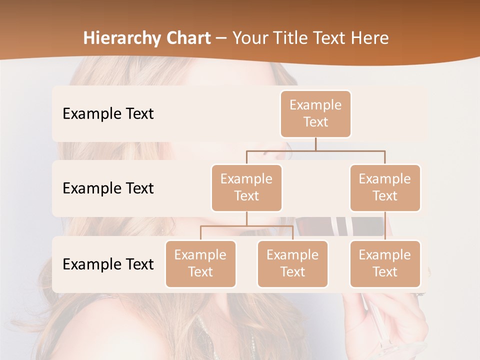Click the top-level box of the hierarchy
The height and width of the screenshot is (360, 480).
tap(315, 114)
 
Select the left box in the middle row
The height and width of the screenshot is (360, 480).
tap(246, 188)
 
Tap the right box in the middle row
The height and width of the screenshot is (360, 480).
tap(385, 188)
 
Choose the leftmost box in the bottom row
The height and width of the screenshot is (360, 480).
tap(200, 264)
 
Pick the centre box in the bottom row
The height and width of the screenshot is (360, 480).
tap(292, 264)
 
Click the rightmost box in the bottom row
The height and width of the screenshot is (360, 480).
tap(385, 264)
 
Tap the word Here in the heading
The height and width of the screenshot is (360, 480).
tap(370, 38)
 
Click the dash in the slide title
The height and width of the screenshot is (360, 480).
tap(221, 38)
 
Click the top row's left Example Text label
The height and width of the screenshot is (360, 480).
tap(108, 114)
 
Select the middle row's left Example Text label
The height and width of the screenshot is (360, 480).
tap(108, 188)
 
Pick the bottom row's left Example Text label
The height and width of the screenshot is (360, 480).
tap(108, 264)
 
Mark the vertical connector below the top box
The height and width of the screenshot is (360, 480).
tap(315, 144)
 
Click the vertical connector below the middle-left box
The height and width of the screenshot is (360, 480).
tap(246, 218)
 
